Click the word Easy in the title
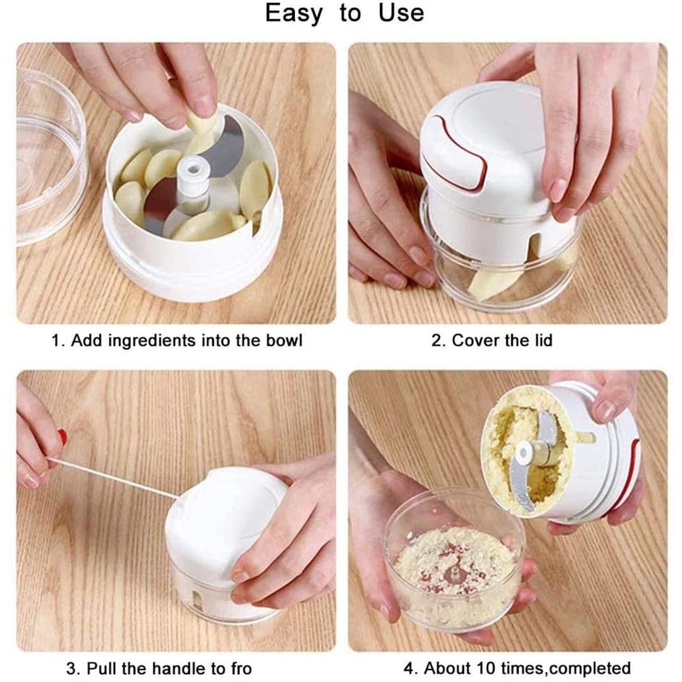coord(294,13)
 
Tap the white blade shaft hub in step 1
coord(193,179)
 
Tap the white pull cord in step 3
coord(113,477)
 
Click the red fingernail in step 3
coord(63,437)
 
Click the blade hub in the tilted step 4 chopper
coord(526,453)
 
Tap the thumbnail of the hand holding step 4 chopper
coord(604,410)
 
